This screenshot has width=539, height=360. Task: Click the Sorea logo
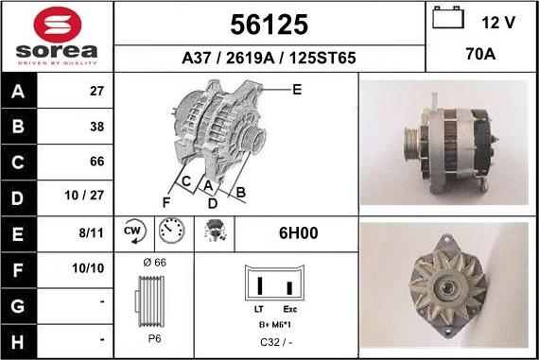(x=57, y=36)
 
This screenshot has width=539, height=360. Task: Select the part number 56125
(x=269, y=24)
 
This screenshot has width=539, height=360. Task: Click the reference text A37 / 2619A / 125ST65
(x=269, y=58)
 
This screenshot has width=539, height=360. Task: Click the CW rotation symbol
(x=132, y=230)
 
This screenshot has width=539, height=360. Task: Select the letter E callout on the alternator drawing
(x=297, y=91)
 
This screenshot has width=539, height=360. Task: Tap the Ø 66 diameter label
(x=153, y=262)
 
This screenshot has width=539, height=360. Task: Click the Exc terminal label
(x=290, y=310)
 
